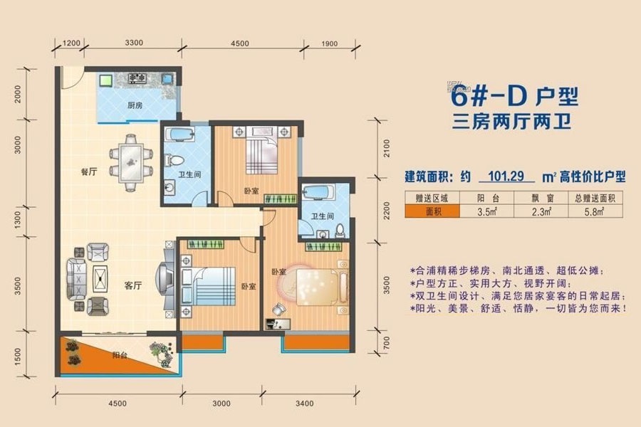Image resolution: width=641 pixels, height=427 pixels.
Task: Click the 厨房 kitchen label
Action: [x=135, y=105]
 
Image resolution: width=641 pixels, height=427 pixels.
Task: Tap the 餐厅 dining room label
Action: [x=89, y=172]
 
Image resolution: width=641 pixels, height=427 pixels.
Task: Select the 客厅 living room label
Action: [x=133, y=285]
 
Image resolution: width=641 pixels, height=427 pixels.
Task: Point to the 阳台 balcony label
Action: [x=120, y=355]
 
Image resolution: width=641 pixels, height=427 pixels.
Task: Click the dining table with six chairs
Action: [x=131, y=163]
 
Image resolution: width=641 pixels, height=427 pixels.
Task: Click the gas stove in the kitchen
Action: [x=137, y=78]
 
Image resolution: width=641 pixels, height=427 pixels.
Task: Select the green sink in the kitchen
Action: [x=106, y=80]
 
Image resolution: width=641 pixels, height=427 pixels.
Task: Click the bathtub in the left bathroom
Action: [x=179, y=135]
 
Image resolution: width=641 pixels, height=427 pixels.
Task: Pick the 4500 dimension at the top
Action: [x=240, y=43]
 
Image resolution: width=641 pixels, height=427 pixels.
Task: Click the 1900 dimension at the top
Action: [x=330, y=43]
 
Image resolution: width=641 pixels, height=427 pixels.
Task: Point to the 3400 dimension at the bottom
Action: [x=305, y=404]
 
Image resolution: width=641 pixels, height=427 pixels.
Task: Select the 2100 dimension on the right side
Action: [x=386, y=148]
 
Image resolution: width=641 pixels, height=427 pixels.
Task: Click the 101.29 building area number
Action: [x=506, y=176]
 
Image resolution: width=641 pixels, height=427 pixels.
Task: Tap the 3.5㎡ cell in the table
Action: [x=487, y=211]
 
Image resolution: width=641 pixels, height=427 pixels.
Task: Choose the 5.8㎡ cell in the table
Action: [x=595, y=211]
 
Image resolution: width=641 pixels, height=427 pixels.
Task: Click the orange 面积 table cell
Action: [x=432, y=211]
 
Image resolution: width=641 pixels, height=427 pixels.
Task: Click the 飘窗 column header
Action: [x=541, y=198]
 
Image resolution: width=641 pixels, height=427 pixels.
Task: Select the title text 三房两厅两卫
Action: [x=511, y=122]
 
